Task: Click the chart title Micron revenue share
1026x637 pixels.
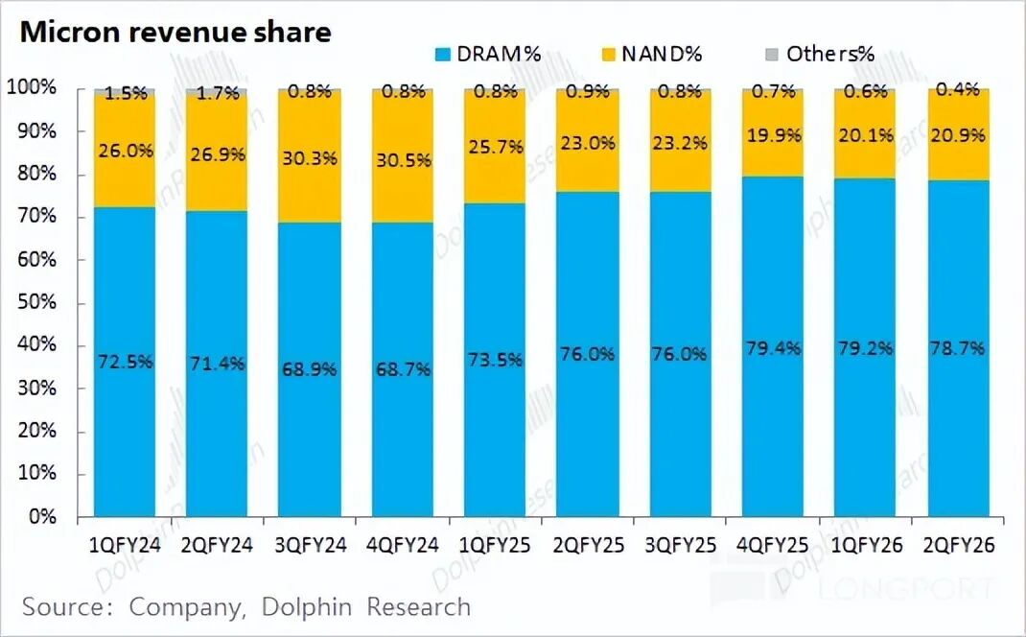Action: pyautogui.click(x=175, y=32)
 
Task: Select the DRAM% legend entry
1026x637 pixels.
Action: pyautogui.click(x=488, y=54)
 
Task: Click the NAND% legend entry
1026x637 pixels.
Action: pyautogui.click(x=651, y=54)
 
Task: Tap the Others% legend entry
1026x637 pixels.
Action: pyautogui.click(x=819, y=54)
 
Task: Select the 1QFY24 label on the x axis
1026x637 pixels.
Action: pyautogui.click(x=124, y=546)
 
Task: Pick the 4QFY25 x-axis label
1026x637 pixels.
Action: pyautogui.click(x=773, y=546)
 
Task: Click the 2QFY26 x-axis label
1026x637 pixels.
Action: pyautogui.click(x=958, y=546)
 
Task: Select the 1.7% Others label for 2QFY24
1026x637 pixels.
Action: pyautogui.click(x=217, y=93)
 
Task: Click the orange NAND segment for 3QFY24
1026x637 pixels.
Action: pyautogui.click(x=309, y=192)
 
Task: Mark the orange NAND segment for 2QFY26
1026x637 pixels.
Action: pyautogui.click(x=958, y=153)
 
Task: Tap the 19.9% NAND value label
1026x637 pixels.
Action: pyautogui.click(x=773, y=135)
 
